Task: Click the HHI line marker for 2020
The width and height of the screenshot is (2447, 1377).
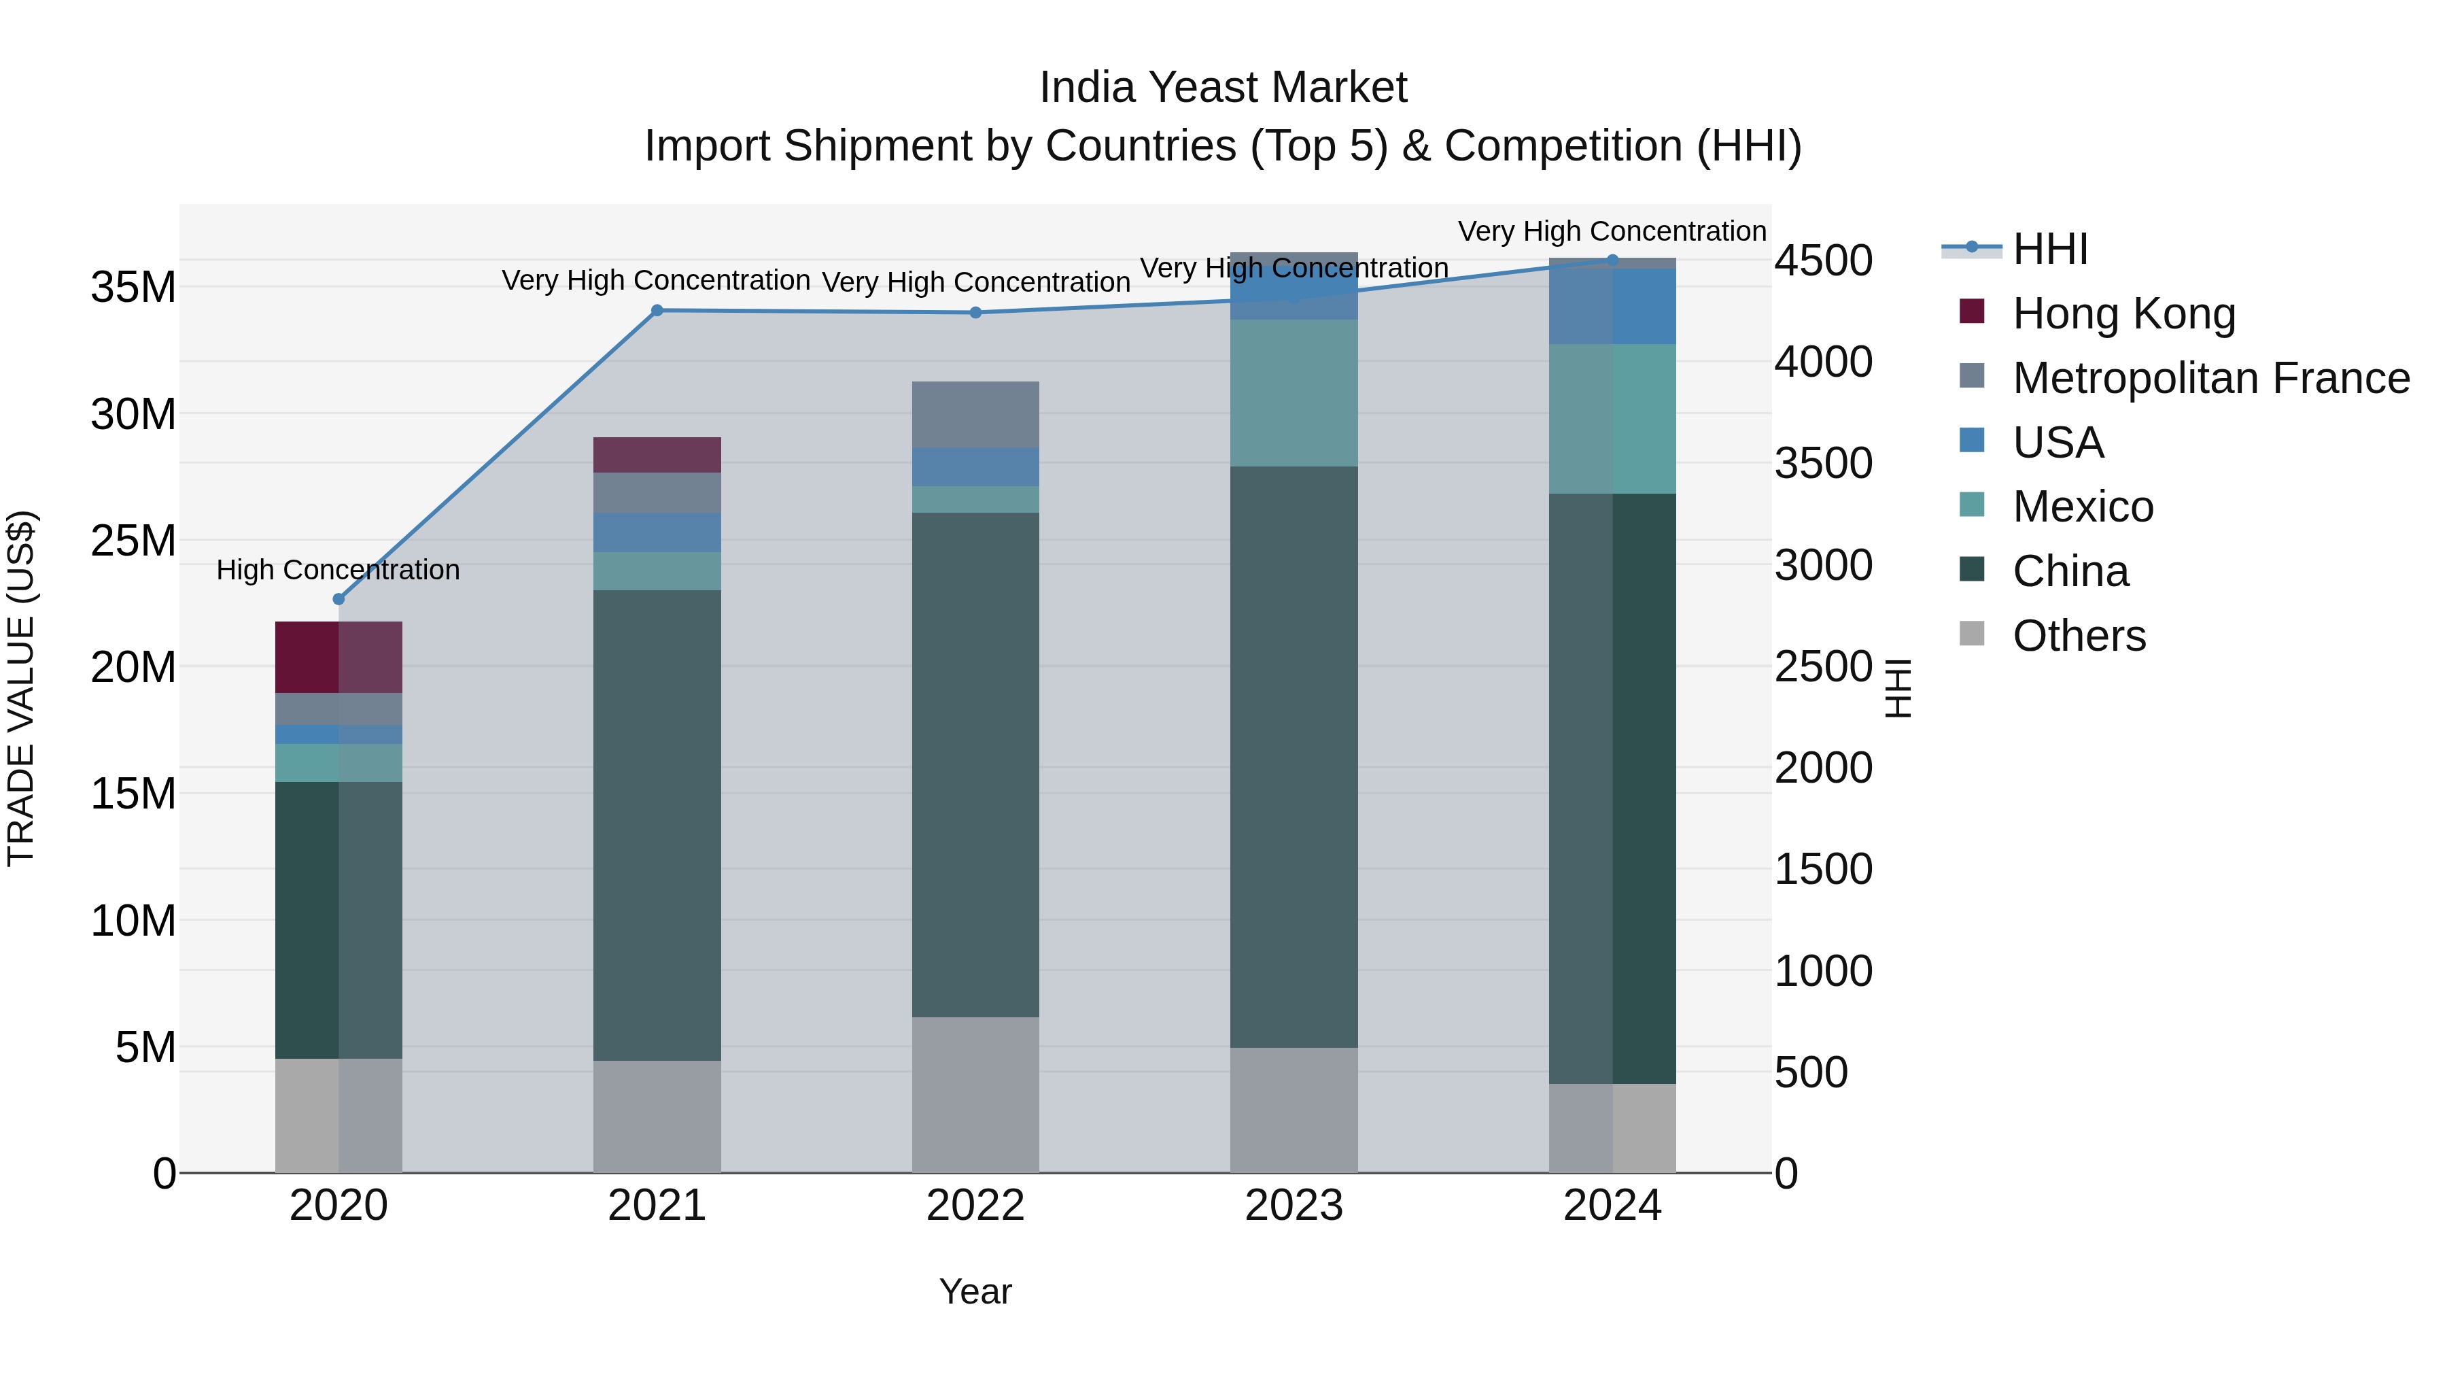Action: [339, 598]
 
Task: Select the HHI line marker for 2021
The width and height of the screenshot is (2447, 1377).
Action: [657, 310]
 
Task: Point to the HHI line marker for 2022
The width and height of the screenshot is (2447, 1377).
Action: [975, 313]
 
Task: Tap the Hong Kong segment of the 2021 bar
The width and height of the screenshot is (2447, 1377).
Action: [657, 454]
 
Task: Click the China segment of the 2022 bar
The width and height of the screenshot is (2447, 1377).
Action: [975, 765]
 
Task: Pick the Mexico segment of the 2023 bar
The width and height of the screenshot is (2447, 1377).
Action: [1294, 392]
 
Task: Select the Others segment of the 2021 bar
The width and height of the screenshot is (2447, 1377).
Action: [657, 1116]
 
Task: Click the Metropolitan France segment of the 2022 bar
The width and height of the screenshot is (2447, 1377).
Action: [975, 414]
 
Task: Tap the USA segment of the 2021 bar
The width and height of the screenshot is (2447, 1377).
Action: [657, 532]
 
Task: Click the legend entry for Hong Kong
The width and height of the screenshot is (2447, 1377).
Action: [2123, 313]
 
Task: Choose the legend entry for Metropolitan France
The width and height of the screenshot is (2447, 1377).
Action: [2210, 378]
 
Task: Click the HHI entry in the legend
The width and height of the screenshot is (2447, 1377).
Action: [2050, 249]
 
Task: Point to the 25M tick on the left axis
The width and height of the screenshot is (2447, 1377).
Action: [133, 541]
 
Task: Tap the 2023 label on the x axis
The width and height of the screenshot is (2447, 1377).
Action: [1294, 1206]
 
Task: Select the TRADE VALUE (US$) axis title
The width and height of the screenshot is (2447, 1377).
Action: [21, 688]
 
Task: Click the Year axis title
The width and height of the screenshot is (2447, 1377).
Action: [975, 1291]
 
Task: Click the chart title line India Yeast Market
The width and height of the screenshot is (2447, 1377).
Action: [1223, 88]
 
